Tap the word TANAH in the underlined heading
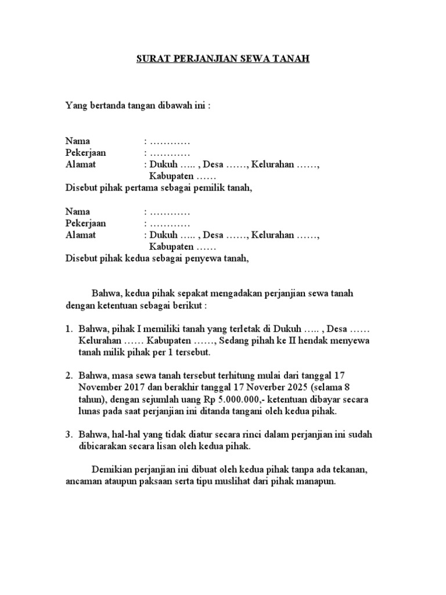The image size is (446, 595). pyautogui.click(x=294, y=59)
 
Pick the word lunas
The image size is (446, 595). pyautogui.click(x=89, y=412)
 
